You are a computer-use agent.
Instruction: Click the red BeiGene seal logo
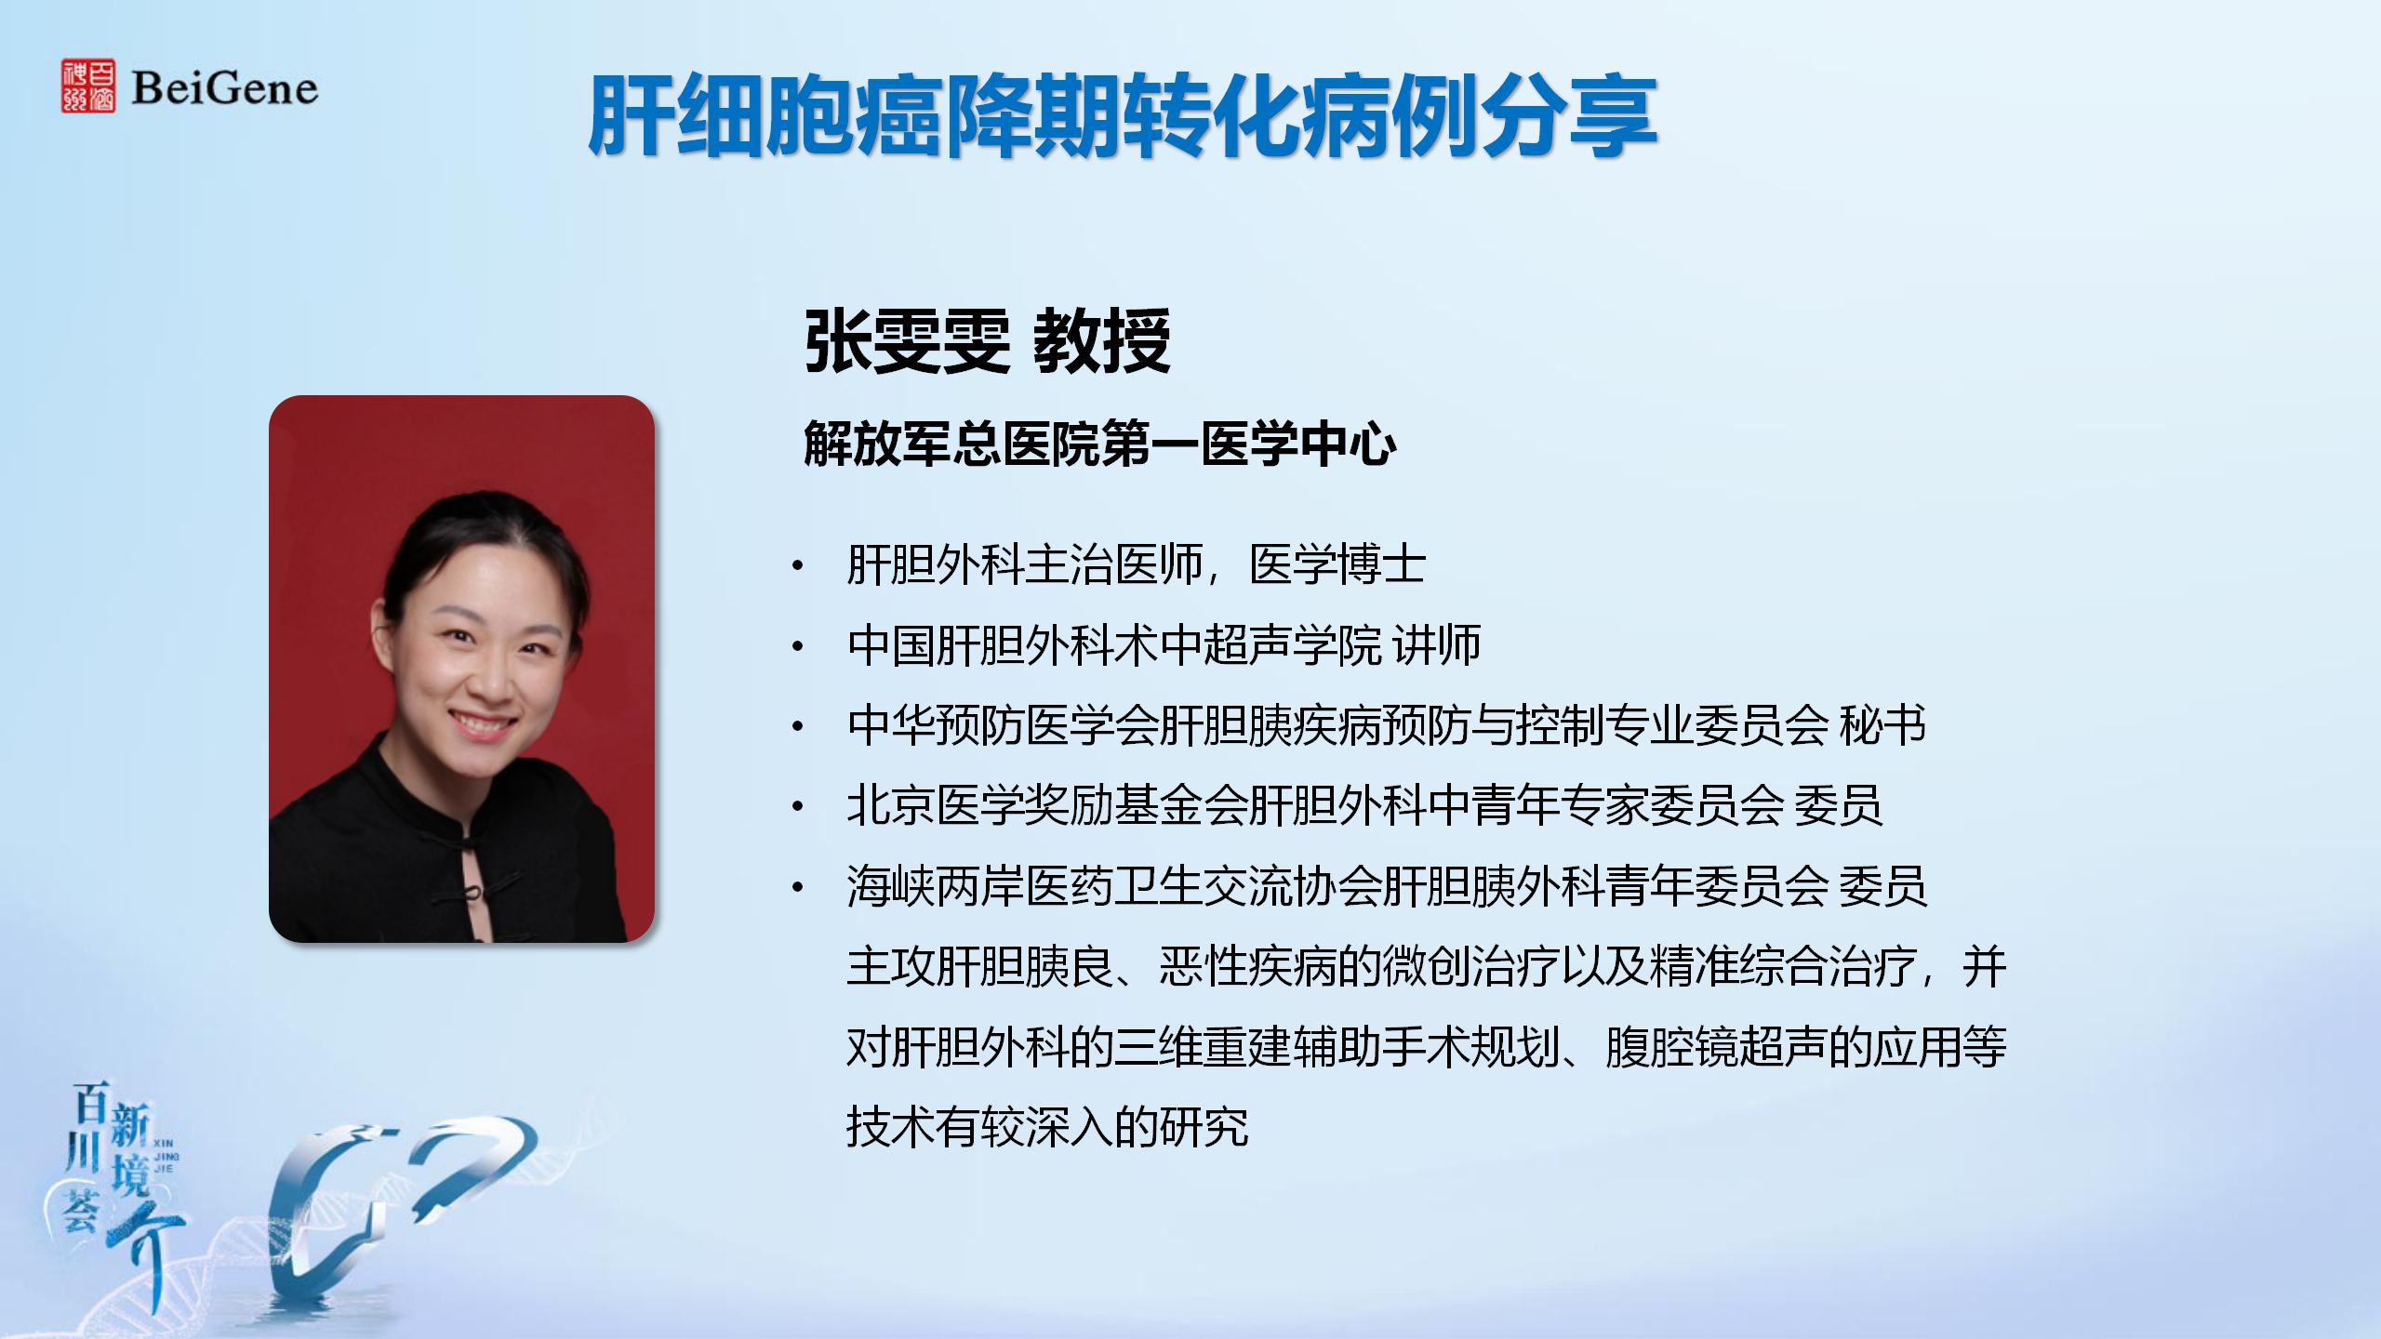(88, 86)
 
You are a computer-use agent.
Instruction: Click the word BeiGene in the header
(225, 88)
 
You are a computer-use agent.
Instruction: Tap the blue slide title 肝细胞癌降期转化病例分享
(1123, 116)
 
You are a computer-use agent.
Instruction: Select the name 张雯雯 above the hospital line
(907, 341)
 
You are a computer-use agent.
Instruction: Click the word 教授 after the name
(1102, 341)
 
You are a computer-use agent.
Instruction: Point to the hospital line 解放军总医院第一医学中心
(1100, 444)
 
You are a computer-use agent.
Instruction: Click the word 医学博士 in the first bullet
(1337, 564)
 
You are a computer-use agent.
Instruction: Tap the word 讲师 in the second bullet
(1437, 645)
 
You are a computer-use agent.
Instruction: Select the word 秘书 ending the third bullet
(1882, 725)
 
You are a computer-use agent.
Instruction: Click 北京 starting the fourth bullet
(891, 805)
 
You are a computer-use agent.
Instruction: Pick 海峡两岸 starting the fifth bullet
(936, 885)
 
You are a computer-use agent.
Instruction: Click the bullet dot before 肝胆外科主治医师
(798, 565)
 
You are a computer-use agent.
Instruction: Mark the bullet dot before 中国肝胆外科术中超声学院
(798, 646)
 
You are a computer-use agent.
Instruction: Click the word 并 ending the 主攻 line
(1985, 966)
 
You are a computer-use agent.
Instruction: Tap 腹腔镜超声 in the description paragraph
(1716, 1047)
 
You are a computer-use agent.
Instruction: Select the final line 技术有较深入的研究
(1047, 1127)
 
